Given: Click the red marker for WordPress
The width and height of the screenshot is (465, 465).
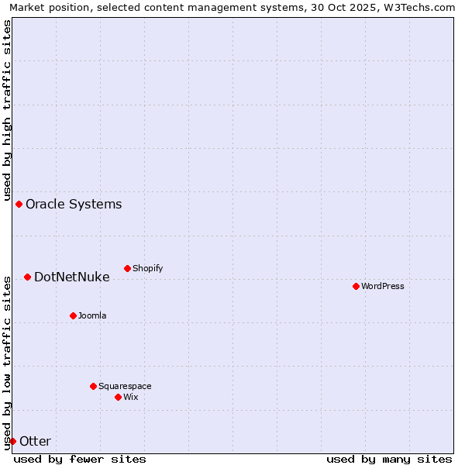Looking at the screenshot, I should click(356, 286).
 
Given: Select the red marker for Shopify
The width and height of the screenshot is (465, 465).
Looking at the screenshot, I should click(127, 268).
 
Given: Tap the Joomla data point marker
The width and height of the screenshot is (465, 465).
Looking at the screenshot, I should click(73, 315).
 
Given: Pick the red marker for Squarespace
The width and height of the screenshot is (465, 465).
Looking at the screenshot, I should click(93, 386).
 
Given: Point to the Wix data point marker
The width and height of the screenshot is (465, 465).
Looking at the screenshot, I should click(118, 397).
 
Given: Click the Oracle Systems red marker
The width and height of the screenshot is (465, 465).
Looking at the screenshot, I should click(19, 204).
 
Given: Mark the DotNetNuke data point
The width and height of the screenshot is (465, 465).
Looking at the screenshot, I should click(27, 277).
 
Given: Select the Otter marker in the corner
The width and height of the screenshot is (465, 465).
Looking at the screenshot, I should click(12, 441).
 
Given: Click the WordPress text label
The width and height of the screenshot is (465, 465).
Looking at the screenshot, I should click(383, 286).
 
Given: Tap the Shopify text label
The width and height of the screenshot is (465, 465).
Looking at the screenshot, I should click(148, 268).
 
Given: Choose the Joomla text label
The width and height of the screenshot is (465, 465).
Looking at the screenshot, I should click(92, 315).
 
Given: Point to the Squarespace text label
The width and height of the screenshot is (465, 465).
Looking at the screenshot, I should click(125, 386).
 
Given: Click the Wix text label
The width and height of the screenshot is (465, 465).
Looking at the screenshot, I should click(131, 397).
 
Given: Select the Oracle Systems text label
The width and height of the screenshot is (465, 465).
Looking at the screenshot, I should click(74, 205).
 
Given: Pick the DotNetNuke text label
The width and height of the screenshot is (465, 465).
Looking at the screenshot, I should click(72, 277).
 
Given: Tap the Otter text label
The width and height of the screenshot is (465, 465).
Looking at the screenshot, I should click(35, 442).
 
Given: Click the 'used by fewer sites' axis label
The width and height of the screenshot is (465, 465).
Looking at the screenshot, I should click(80, 459).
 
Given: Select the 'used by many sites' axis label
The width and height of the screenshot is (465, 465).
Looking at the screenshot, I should click(389, 459).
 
